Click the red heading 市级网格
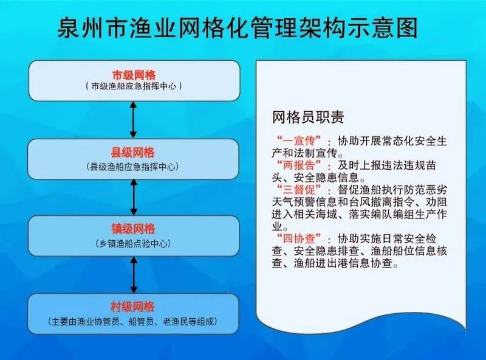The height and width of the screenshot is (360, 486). (134, 75)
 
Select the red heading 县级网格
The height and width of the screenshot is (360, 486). (133, 153)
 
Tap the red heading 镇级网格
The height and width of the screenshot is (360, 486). (133, 229)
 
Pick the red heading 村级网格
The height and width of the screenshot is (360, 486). (132, 306)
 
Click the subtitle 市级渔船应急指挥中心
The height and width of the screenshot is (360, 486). (134, 86)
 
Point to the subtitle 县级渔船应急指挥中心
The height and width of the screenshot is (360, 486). (133, 167)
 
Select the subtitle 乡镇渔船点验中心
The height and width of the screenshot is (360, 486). (133, 244)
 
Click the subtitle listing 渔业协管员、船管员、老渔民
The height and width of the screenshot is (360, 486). (133, 322)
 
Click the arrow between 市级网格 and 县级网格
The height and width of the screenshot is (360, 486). (133, 119)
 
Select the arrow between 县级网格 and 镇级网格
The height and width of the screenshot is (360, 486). (134, 198)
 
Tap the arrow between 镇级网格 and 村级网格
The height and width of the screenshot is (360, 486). (134, 275)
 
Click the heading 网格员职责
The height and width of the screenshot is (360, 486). (308, 117)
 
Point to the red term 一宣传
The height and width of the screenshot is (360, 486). (299, 141)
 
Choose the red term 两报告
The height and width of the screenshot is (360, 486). (299, 165)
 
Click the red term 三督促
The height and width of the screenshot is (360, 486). (299, 190)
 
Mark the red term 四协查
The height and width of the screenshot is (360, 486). (299, 238)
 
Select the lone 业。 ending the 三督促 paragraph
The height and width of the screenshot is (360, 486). (280, 227)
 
